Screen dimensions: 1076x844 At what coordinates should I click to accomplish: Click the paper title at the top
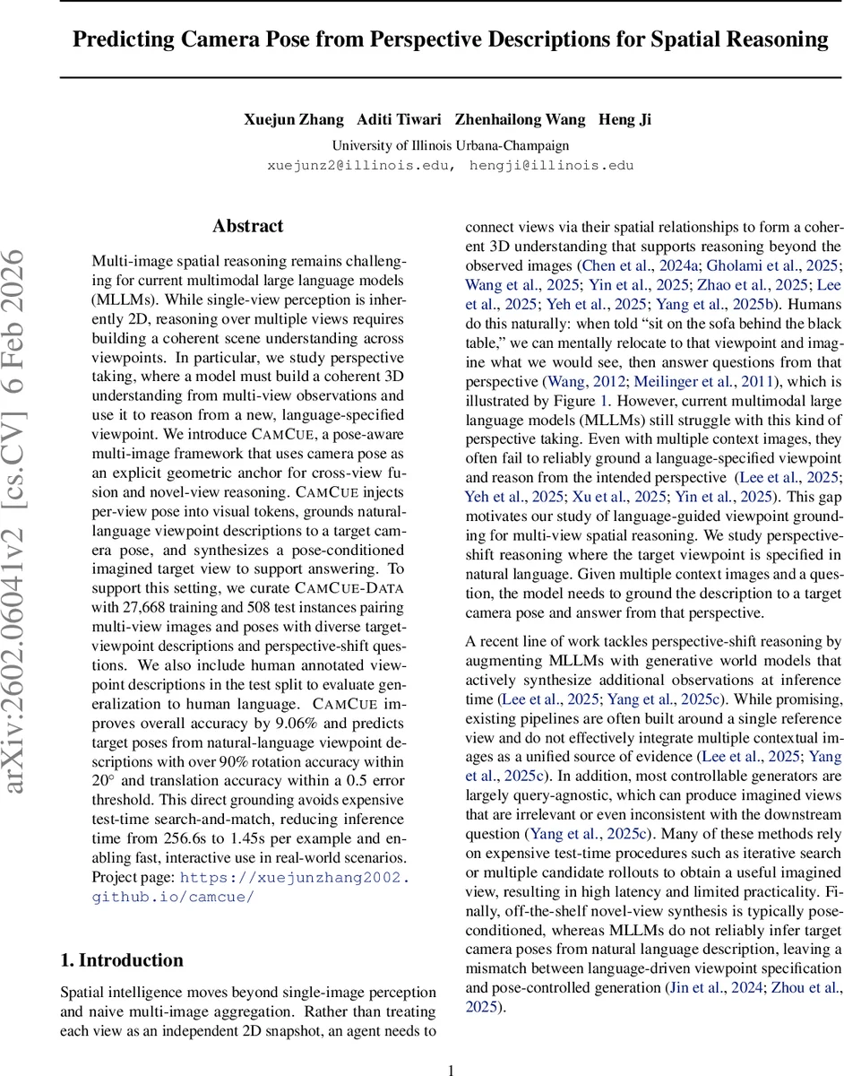[451, 40]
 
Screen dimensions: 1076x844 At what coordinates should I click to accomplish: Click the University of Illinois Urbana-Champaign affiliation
[450, 145]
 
